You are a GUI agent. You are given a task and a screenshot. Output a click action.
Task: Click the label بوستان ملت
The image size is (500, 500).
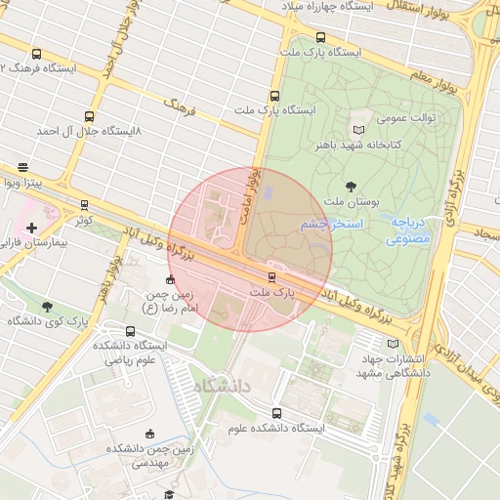coord(350,201)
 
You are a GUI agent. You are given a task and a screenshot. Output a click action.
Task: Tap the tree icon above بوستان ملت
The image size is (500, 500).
coord(351,186)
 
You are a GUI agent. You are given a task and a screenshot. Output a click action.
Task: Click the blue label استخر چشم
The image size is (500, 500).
coord(332,225)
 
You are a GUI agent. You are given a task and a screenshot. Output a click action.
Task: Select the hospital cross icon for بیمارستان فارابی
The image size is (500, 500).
coord(31,228)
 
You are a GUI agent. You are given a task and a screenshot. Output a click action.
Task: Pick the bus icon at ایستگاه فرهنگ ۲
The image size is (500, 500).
coord(37,55)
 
